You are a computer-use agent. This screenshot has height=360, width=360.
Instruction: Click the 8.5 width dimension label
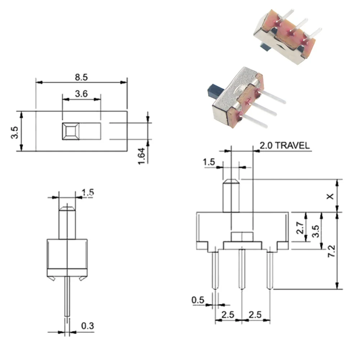click(81, 77)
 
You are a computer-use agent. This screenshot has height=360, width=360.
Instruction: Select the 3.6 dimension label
click(81, 94)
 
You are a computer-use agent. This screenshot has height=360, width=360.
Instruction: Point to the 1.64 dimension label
click(141, 156)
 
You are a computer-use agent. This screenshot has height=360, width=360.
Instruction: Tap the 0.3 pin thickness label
click(87, 326)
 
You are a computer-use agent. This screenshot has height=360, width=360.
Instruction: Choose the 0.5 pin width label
click(198, 300)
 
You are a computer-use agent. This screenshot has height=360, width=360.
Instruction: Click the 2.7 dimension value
click(300, 228)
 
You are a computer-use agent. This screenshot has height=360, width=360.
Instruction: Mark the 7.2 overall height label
click(331, 251)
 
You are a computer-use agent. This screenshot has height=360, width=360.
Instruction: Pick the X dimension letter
click(330, 196)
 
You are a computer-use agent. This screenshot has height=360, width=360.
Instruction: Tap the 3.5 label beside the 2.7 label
click(316, 231)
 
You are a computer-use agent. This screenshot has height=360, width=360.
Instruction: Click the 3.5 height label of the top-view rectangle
click(14, 132)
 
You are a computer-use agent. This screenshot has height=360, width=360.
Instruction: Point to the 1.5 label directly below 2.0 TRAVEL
click(209, 162)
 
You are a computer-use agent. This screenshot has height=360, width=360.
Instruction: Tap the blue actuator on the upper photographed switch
click(266, 48)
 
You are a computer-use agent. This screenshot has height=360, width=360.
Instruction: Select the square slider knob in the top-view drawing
click(71, 131)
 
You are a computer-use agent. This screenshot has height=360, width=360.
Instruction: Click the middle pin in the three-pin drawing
click(242, 269)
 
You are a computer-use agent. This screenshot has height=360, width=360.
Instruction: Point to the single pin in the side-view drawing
click(67, 296)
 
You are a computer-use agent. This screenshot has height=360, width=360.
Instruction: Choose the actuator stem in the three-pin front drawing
click(231, 196)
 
